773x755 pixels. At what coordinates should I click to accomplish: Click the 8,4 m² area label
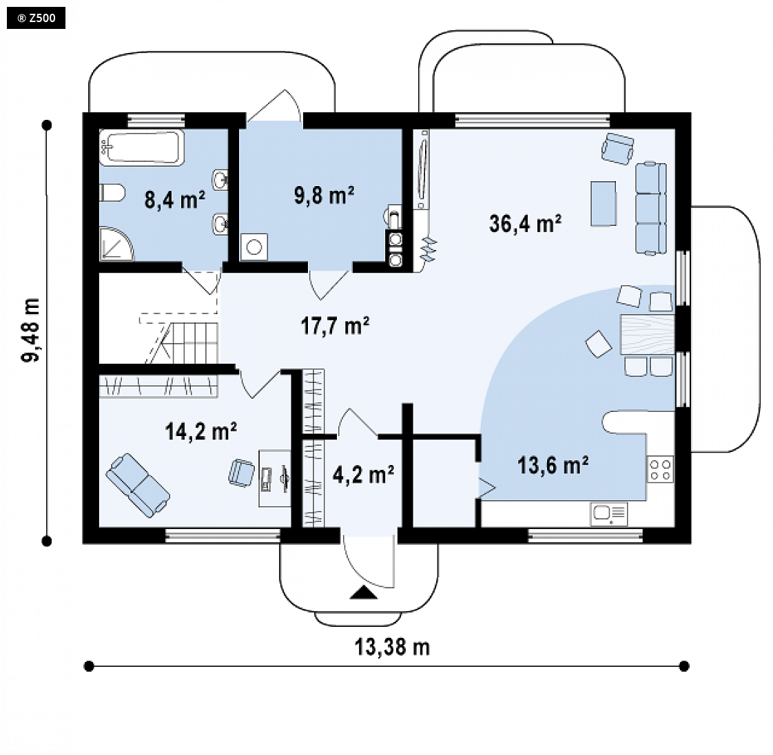(x=175, y=200)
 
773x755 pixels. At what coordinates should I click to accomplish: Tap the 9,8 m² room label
(x=324, y=195)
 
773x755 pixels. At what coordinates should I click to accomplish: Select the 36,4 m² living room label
(x=525, y=223)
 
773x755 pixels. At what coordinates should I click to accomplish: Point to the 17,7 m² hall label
(x=336, y=326)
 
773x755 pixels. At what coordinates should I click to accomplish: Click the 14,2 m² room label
(x=201, y=431)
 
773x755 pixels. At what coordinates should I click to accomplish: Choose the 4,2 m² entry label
(x=363, y=475)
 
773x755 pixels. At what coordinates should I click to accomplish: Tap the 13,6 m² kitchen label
(x=553, y=465)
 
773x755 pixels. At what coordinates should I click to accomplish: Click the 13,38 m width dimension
(x=393, y=647)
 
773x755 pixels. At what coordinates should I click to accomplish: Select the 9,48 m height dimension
(x=31, y=330)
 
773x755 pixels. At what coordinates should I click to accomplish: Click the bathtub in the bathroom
(x=142, y=147)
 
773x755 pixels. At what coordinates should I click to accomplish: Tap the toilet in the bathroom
(x=112, y=193)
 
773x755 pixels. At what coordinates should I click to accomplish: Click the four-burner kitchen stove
(x=660, y=469)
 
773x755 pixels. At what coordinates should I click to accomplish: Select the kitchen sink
(x=609, y=514)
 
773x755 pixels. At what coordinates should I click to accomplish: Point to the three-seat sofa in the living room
(x=651, y=208)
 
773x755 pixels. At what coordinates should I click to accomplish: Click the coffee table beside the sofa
(x=604, y=203)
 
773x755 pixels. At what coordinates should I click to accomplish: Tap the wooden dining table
(x=648, y=335)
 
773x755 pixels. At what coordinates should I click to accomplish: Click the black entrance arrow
(x=364, y=592)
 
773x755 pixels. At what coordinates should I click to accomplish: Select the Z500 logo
(x=36, y=19)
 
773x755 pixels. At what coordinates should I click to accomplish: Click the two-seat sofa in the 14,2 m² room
(x=138, y=486)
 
